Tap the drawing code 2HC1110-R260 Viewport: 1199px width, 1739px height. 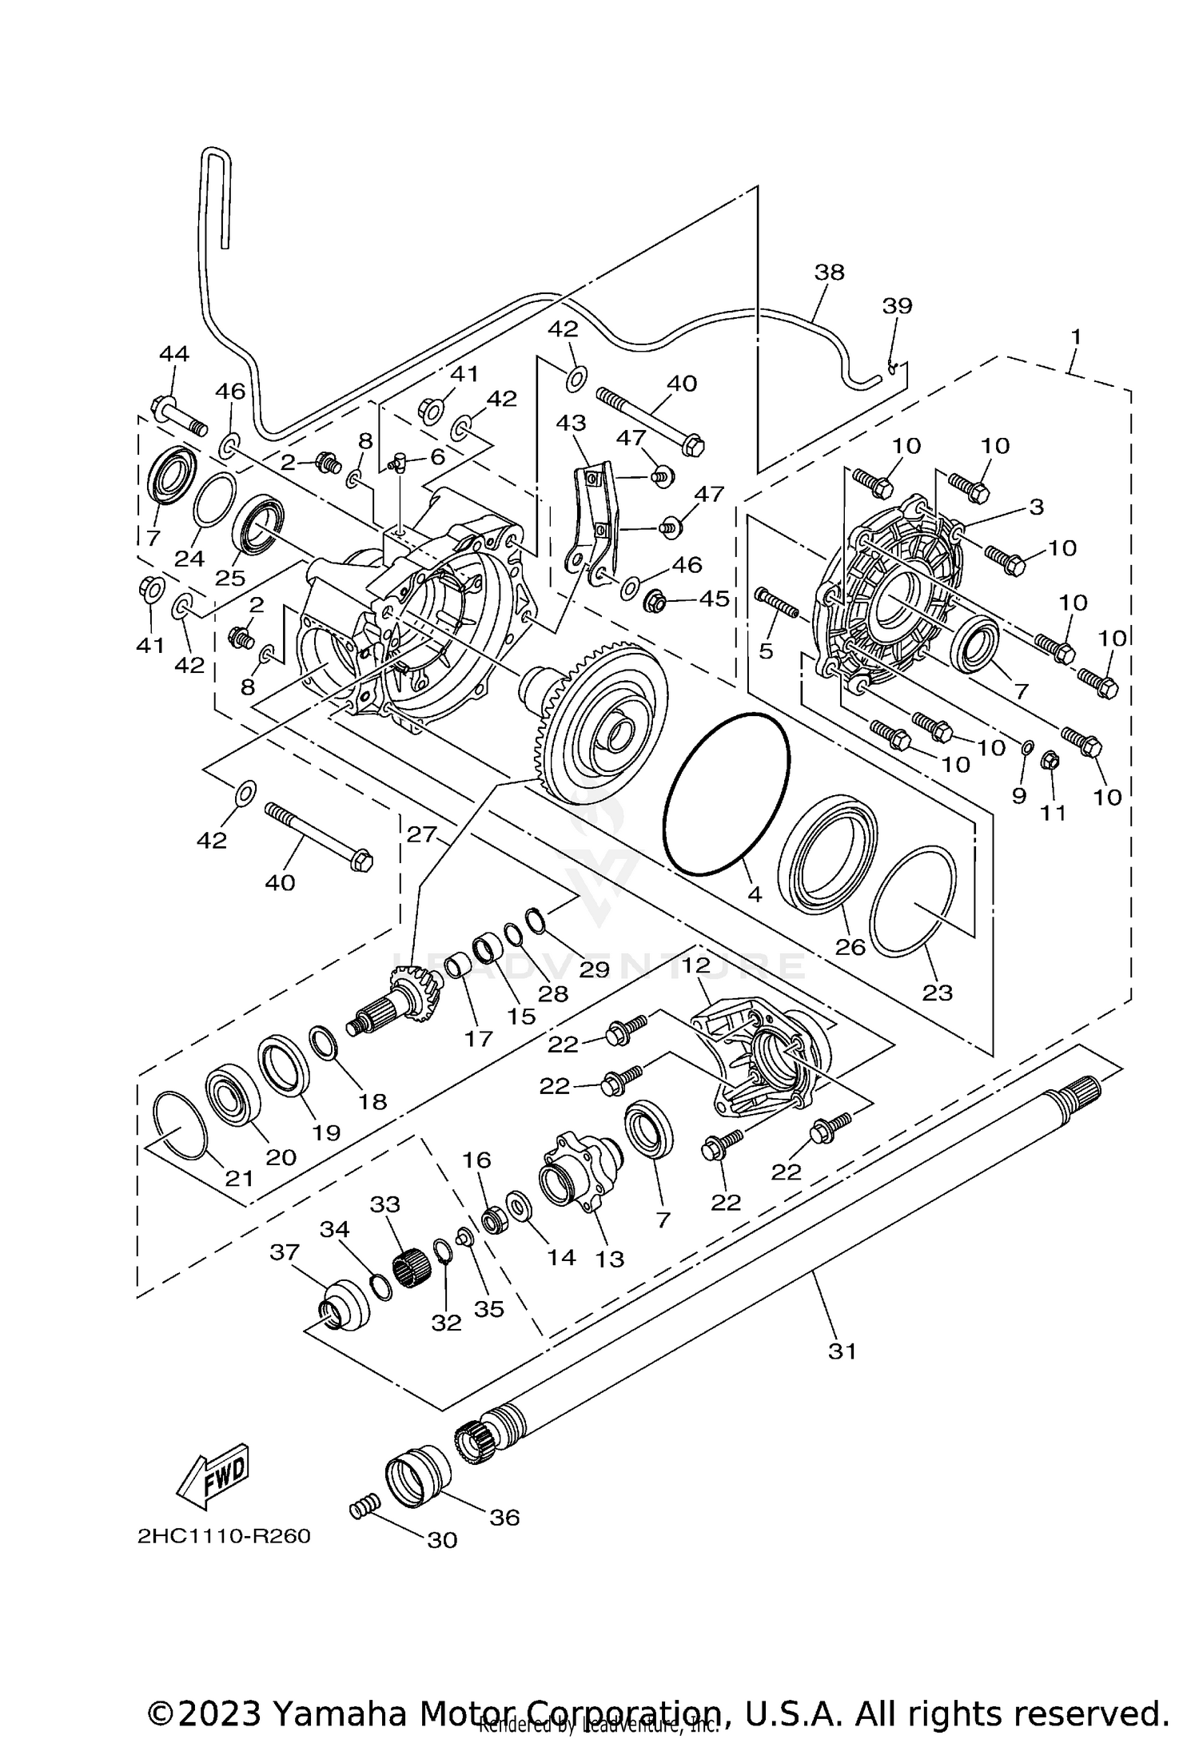pos(224,1537)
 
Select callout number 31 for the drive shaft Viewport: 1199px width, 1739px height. pos(842,1351)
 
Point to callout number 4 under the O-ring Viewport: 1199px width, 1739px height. pos(755,894)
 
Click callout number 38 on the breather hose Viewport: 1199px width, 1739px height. pos(829,273)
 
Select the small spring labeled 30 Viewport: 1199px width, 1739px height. pos(362,1510)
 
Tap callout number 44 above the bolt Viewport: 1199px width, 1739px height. pos(174,353)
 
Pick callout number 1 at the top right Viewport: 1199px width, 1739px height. pos(1076,336)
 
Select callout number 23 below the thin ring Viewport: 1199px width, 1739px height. pos(938,993)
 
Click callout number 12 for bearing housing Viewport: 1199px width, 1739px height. pos(696,965)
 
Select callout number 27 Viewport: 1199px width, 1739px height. pos(421,834)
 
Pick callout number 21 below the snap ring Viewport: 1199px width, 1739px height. pos(239,1179)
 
